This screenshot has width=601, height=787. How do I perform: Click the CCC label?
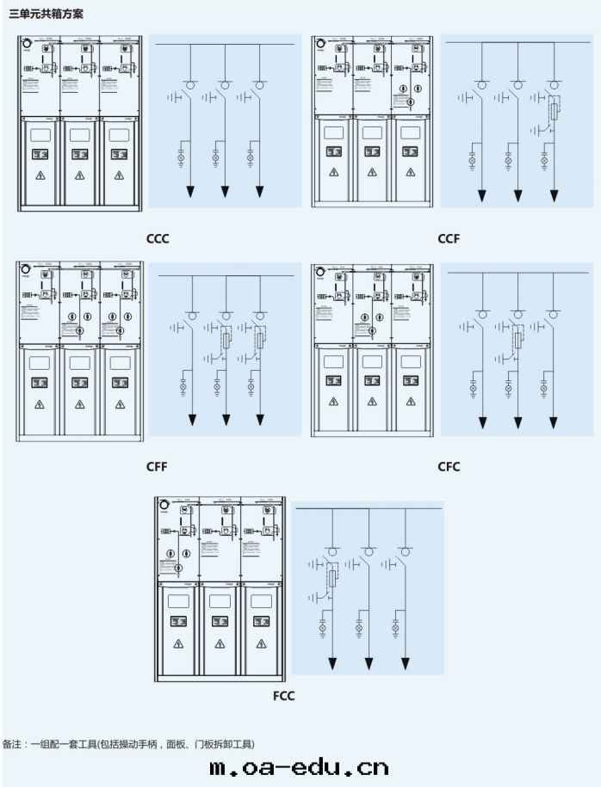(157, 238)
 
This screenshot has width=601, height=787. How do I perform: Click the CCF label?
(448, 238)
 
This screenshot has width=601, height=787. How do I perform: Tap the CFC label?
(449, 467)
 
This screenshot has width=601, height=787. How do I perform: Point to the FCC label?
(283, 696)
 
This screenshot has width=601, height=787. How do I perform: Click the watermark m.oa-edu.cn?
(300, 767)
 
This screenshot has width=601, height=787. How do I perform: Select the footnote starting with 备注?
(129, 744)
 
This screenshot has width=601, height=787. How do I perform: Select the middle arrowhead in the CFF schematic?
(226, 420)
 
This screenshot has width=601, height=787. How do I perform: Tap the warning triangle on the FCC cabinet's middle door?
(220, 643)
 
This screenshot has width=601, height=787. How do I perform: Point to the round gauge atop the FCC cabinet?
(164, 505)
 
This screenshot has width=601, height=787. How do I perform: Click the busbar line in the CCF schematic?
(517, 43)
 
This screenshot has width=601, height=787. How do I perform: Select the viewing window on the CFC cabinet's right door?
(410, 361)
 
